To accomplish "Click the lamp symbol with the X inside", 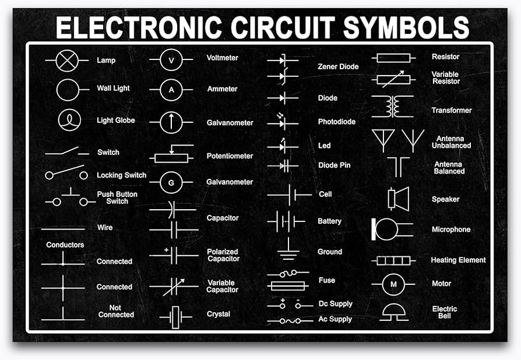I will pyautogui.click(x=66, y=61).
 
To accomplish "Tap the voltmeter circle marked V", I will pyautogui.click(x=171, y=60).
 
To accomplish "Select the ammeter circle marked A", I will pyautogui.click(x=171, y=90).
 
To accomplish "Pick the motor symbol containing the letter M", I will pyautogui.click(x=393, y=284).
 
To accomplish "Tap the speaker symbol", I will pyautogui.click(x=397, y=199).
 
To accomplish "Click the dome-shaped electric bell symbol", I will pyautogui.click(x=394, y=312).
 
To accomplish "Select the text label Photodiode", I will pyautogui.click(x=336, y=122).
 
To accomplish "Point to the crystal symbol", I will pyautogui.click(x=175, y=317).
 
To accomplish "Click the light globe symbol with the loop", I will pyautogui.click(x=68, y=120).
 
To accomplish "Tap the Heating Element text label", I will pyautogui.click(x=458, y=260).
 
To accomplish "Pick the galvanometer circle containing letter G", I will pyautogui.click(x=171, y=183).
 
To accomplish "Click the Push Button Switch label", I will pyautogui.click(x=117, y=197).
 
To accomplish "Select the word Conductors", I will pyautogui.click(x=65, y=245).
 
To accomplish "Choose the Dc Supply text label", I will pyautogui.click(x=335, y=304).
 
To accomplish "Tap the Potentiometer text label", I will pyautogui.click(x=230, y=156).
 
